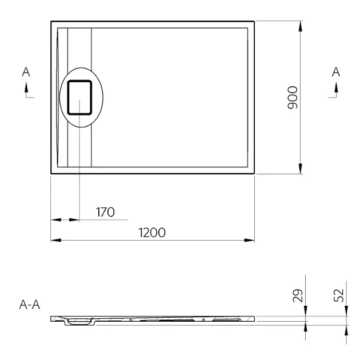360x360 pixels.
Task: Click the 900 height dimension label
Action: [x=293, y=97]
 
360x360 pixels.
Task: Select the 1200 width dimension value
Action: [x=152, y=233]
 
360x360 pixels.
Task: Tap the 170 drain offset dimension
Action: [x=105, y=212]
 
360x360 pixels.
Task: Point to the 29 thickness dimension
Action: [x=298, y=295]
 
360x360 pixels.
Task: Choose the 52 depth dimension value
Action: [x=339, y=295]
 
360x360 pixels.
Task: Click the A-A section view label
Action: [x=30, y=305]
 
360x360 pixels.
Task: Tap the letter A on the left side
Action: [x=26, y=72]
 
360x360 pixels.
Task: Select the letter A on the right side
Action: [x=336, y=72]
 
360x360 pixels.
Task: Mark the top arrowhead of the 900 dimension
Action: [x=301, y=26]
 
